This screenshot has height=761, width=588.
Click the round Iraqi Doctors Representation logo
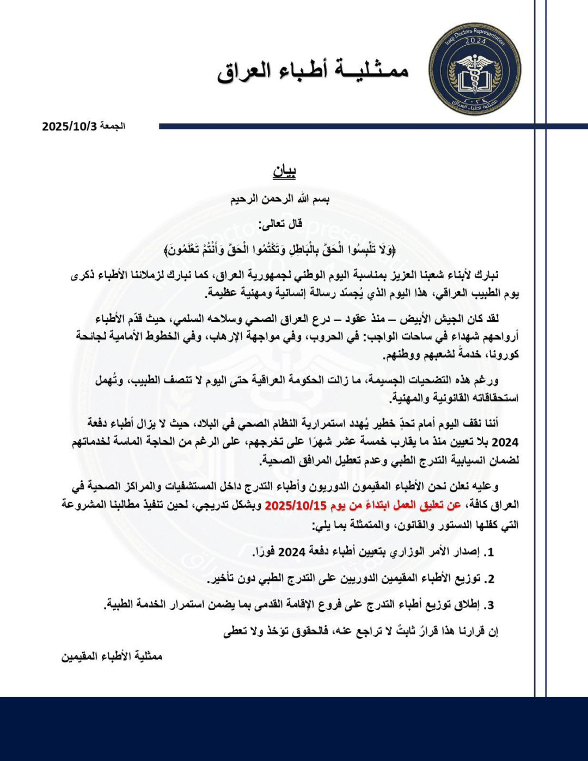[x=474, y=69]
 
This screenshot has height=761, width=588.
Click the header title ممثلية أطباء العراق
[x=313, y=70]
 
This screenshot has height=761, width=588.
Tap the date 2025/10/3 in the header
[x=70, y=126]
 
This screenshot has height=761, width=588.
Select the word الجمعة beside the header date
[x=113, y=126]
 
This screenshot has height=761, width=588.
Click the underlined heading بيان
[x=284, y=172]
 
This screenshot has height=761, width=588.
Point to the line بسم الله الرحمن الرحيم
[x=280, y=199]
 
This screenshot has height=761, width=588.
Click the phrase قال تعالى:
[x=280, y=224]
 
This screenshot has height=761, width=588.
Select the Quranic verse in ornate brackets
[x=280, y=250]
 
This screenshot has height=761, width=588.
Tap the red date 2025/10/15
[x=296, y=506]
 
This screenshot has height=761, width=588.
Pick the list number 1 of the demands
[x=490, y=552]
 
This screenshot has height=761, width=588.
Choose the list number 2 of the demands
[x=490, y=579]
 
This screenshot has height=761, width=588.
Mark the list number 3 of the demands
[x=490, y=605]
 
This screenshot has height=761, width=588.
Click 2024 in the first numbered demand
[x=292, y=552]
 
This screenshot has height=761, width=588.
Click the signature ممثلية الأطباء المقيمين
[x=112, y=656]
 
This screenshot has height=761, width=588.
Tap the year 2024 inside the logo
[x=475, y=41]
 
